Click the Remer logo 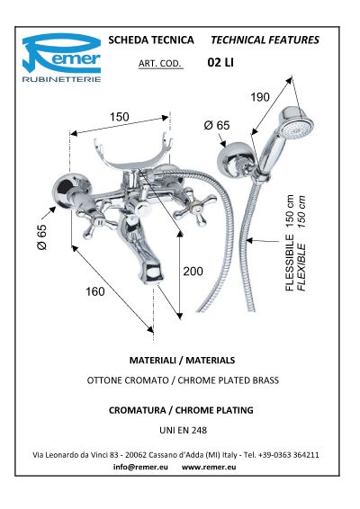[x=61, y=58]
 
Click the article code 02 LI [x=220, y=62]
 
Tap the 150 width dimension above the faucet [x=119, y=117]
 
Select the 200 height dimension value [x=193, y=271]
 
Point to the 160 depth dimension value [x=95, y=291]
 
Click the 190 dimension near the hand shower [x=260, y=97]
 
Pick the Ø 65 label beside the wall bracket [x=217, y=125]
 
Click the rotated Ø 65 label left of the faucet [x=42, y=237]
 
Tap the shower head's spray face [x=297, y=129]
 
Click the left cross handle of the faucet [x=97, y=220]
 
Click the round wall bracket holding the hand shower [x=232, y=160]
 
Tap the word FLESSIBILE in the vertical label [x=290, y=263]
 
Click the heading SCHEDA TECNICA [x=151, y=40]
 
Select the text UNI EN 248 [x=184, y=430]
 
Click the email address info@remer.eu [x=140, y=467]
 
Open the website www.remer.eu [x=209, y=467]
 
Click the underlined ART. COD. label [x=160, y=64]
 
